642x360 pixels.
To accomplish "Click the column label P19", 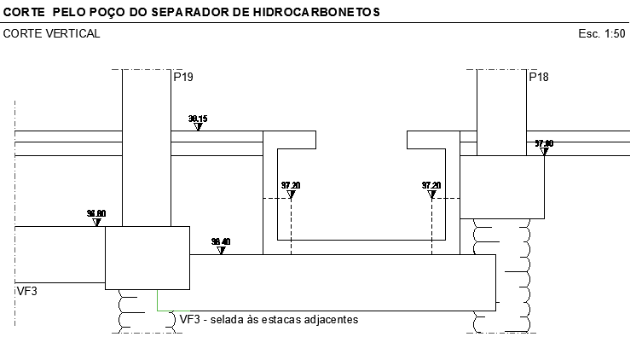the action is click(x=182, y=78).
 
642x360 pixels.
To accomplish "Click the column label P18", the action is click(x=538, y=78).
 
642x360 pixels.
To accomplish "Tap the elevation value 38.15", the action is click(x=198, y=119).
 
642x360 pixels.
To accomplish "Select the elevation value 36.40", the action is click(x=221, y=242).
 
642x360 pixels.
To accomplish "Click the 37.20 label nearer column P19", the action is click(x=291, y=185).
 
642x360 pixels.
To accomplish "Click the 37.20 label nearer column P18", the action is click(x=431, y=185).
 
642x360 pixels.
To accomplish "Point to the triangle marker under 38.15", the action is click(x=198, y=127).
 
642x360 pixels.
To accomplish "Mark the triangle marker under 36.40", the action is click(x=221, y=251).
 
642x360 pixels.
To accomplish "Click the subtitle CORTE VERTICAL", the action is click(x=52, y=34).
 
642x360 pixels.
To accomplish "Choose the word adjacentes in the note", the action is click(x=336, y=320).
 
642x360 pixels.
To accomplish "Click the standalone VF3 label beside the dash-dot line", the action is click(x=27, y=291).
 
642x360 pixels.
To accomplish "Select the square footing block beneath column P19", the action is click(x=147, y=258).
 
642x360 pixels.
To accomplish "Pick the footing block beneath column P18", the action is click(x=502, y=187).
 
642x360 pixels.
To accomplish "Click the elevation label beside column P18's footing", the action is click(x=544, y=143).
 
